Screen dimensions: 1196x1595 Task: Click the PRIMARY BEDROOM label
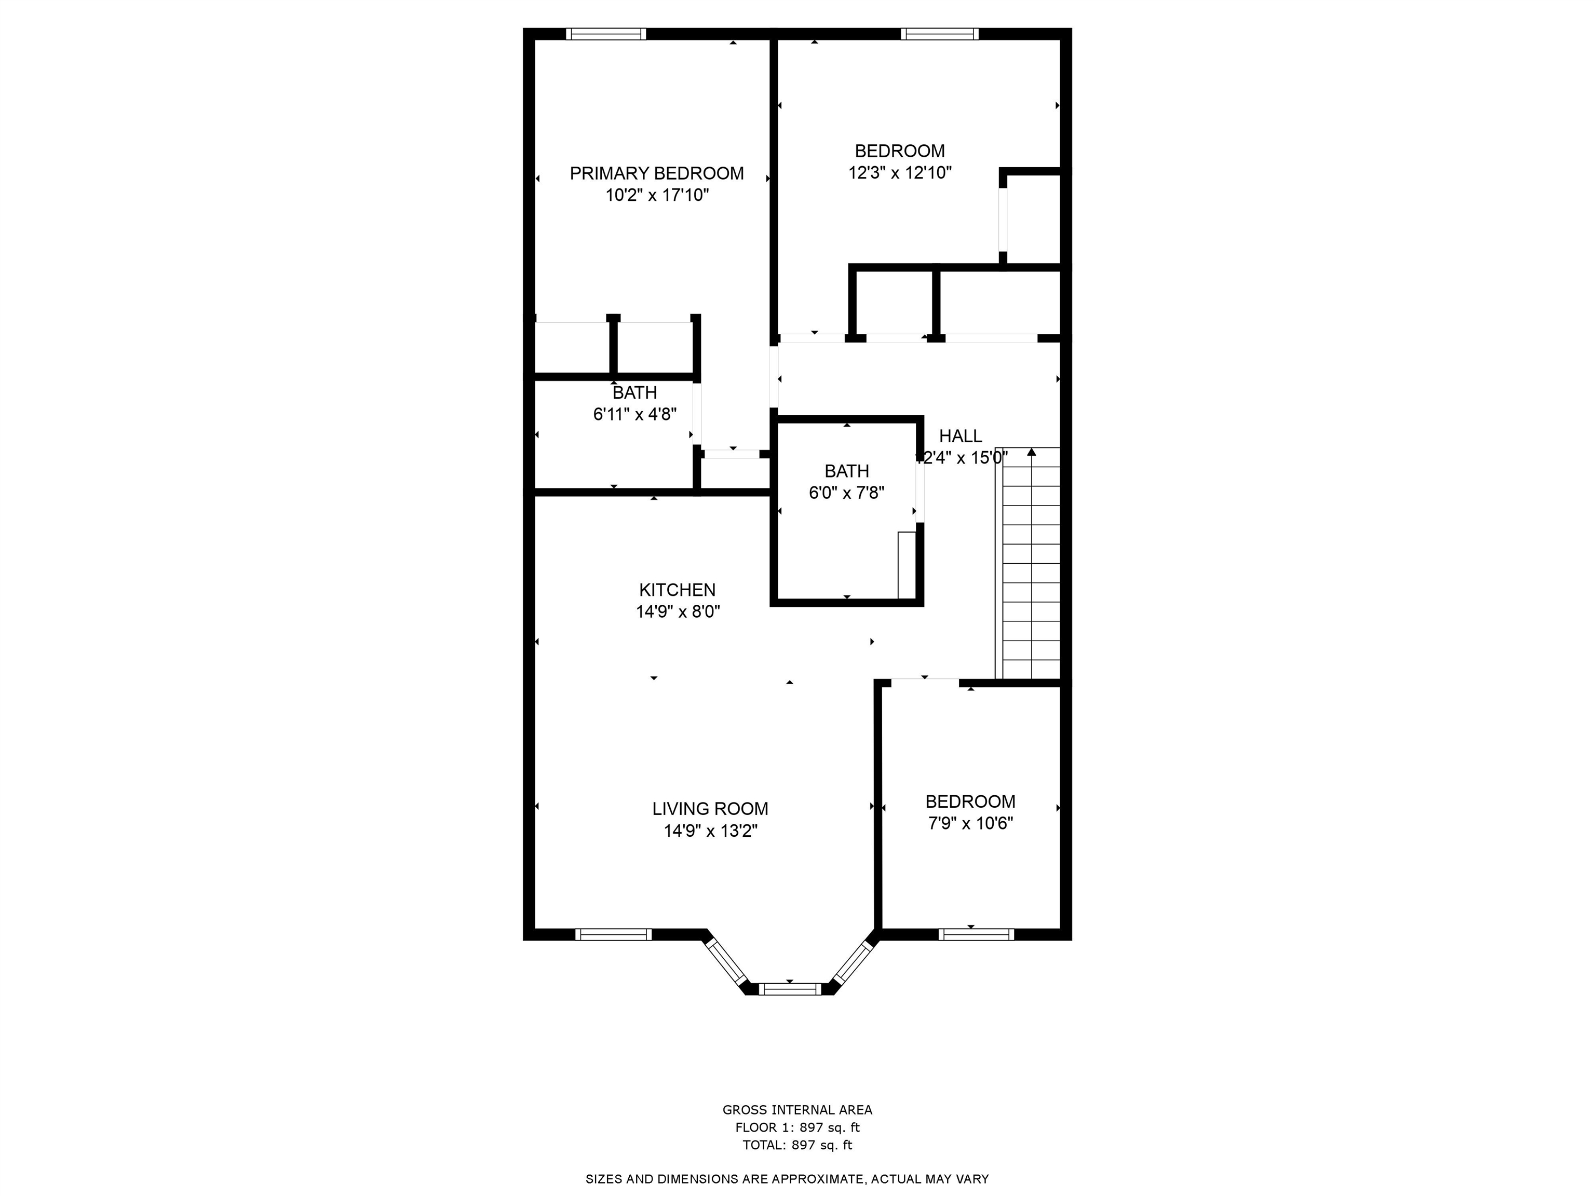(656, 174)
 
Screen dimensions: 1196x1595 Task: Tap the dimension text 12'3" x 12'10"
(899, 173)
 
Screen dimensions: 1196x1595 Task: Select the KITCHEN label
(677, 590)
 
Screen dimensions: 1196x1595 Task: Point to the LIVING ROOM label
(710, 809)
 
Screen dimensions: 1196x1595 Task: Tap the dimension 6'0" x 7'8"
(846, 493)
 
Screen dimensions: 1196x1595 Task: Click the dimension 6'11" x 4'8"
(634, 415)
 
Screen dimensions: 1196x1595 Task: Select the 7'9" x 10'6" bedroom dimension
(970, 823)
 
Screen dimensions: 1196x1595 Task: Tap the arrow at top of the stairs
(1031, 452)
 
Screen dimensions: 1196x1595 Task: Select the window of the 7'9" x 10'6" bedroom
(976, 935)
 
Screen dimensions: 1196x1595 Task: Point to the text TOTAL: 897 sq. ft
(797, 1145)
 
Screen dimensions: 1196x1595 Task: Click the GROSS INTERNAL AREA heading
(797, 1110)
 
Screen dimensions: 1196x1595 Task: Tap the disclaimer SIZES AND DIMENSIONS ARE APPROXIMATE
(787, 1179)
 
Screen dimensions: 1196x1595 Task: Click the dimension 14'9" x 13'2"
(710, 831)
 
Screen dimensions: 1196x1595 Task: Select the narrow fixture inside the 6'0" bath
(905, 565)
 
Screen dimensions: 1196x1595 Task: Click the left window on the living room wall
(613, 935)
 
